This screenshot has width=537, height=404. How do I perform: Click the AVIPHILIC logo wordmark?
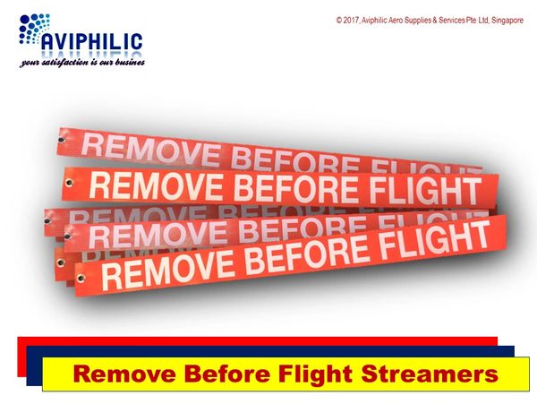point(92,42)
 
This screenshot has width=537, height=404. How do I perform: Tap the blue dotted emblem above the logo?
point(34,29)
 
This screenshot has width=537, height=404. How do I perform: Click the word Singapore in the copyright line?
point(507,21)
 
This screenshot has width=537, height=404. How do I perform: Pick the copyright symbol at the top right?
point(339,21)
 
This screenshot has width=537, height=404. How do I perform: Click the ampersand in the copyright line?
point(435,21)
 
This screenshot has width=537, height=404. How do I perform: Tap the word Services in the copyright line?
point(452,21)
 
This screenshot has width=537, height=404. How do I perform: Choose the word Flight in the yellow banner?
point(315,374)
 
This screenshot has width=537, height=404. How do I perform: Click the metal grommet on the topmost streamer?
point(62,140)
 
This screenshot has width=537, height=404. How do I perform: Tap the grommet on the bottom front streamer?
point(81,278)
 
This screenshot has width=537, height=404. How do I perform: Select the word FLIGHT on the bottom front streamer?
point(435,240)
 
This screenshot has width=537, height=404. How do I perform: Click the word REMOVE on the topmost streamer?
point(150,150)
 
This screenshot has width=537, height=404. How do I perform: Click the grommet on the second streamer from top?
point(70,183)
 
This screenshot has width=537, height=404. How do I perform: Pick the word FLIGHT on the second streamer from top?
point(426,191)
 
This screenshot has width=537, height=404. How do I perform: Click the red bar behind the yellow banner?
point(257,341)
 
